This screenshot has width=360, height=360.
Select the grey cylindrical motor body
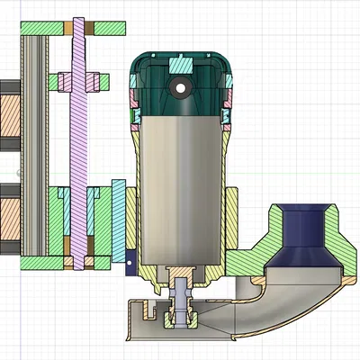(181, 189)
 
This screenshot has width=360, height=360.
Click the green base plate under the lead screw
(54, 263)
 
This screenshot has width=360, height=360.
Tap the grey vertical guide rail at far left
(35, 144)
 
